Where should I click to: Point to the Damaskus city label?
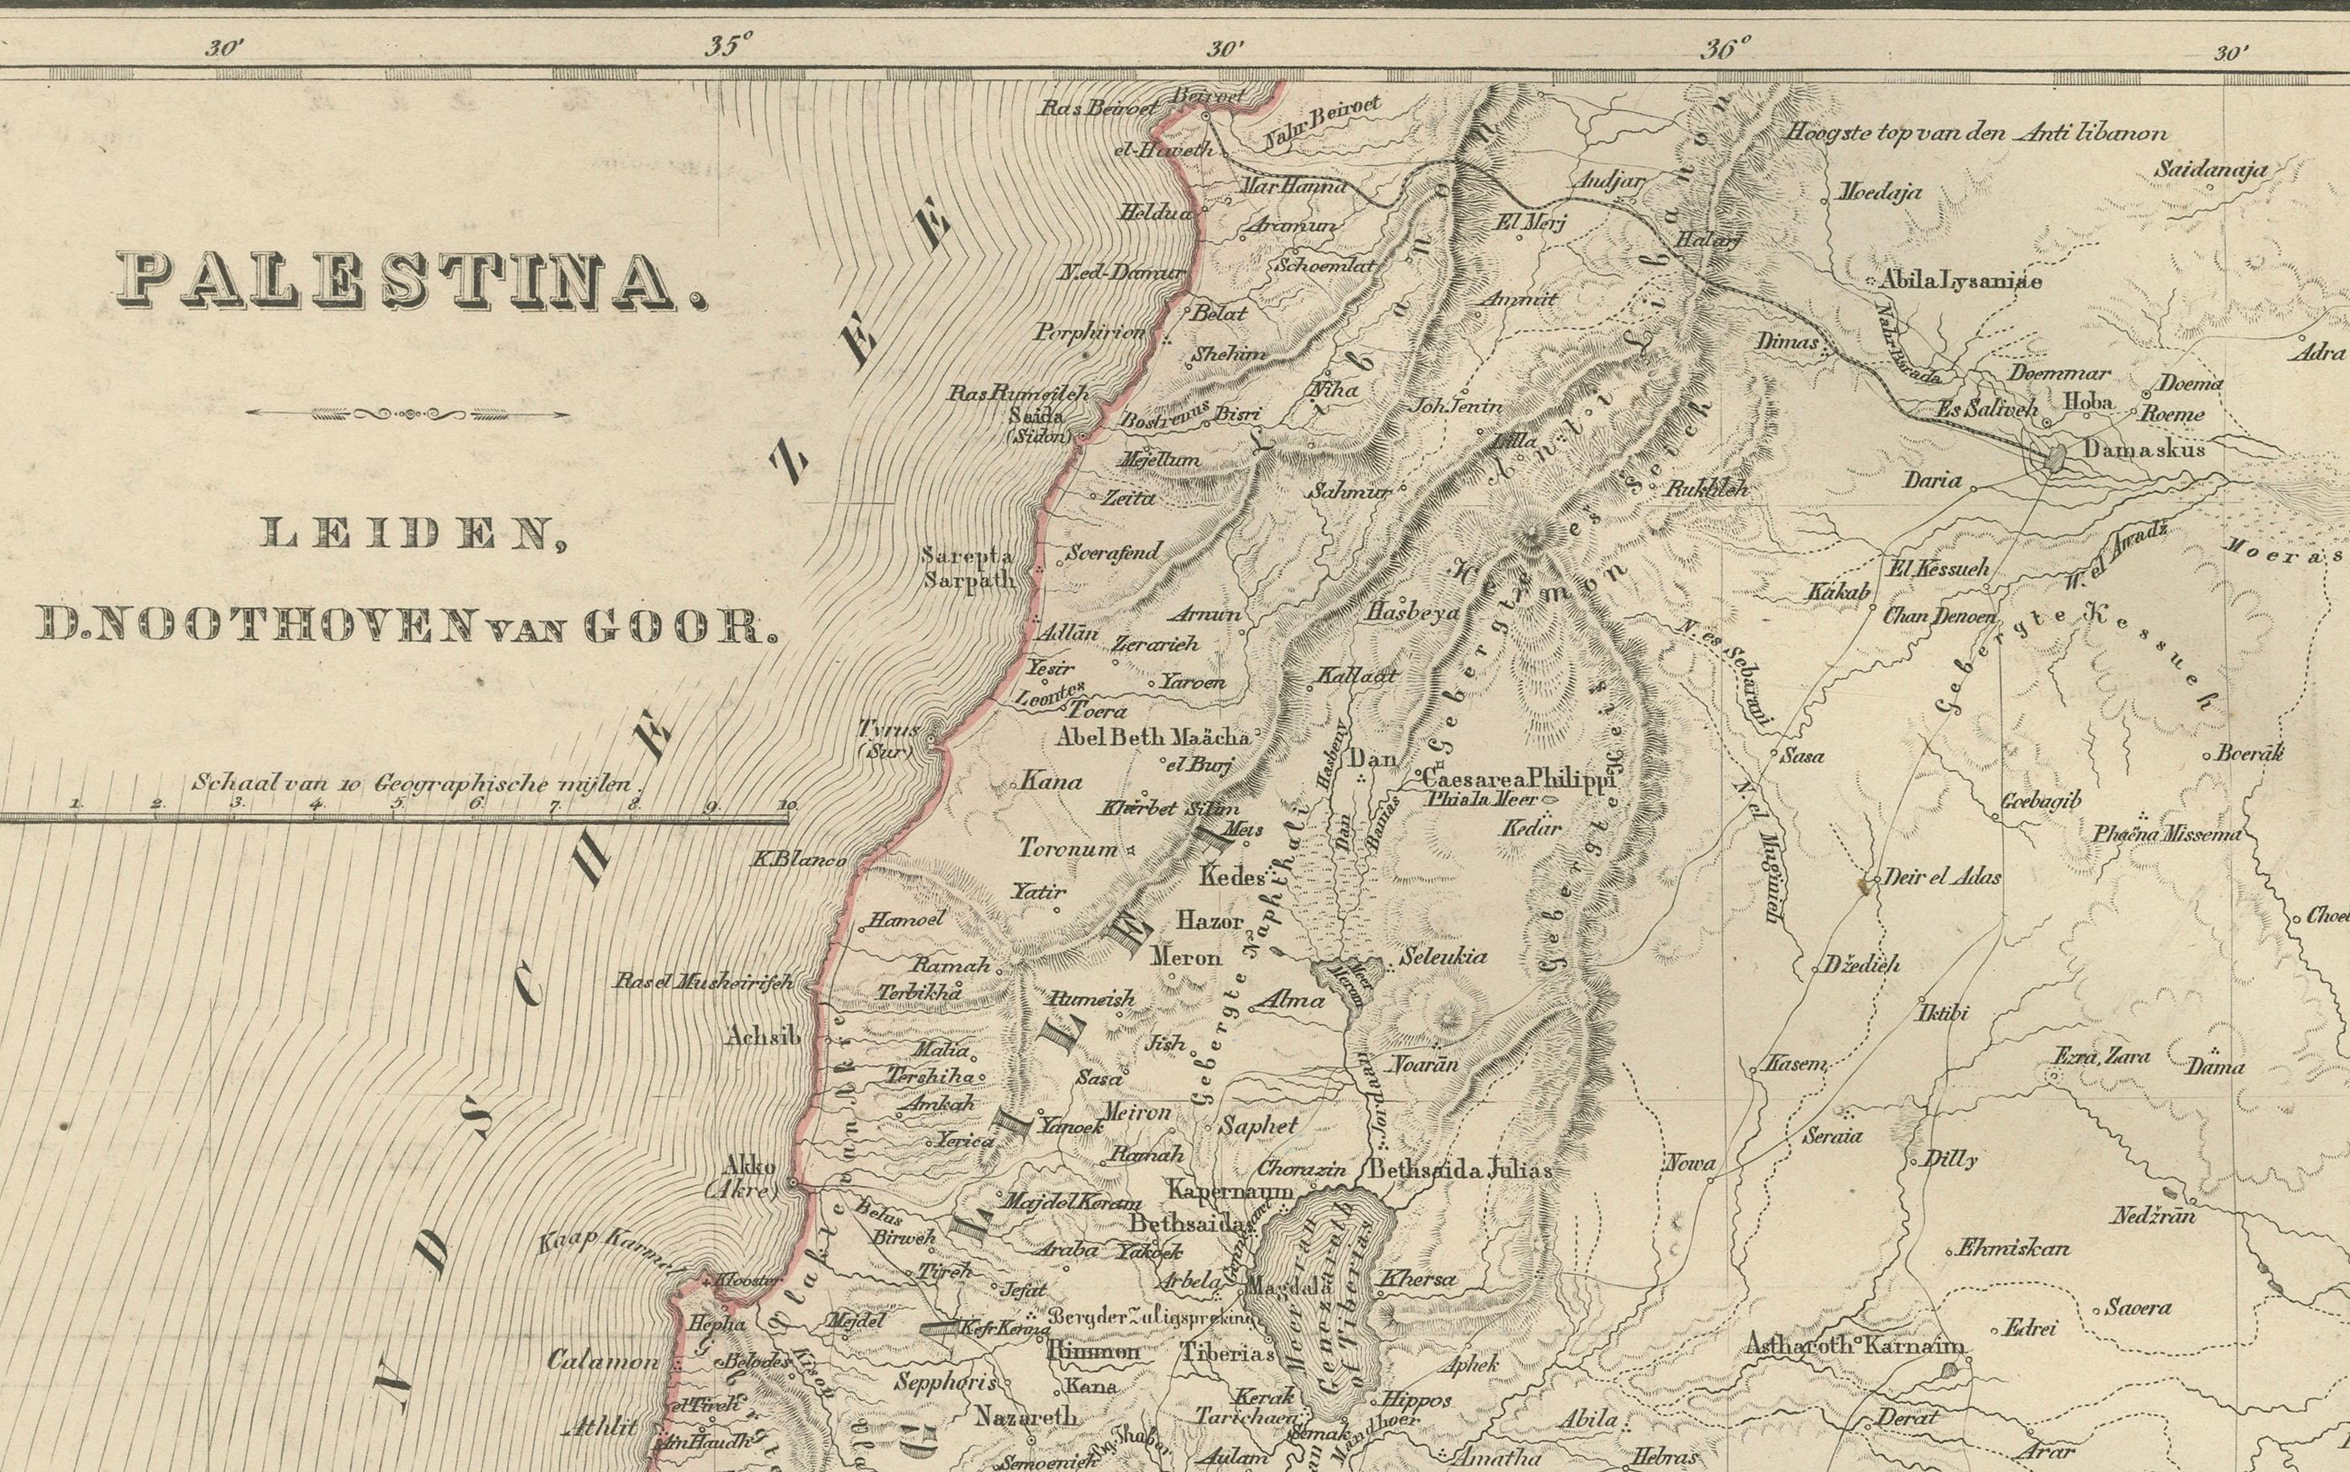coord(2142,450)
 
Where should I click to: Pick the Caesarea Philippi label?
coord(1517,778)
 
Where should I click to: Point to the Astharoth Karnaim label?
coord(1853,1347)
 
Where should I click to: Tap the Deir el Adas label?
coord(1942,876)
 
